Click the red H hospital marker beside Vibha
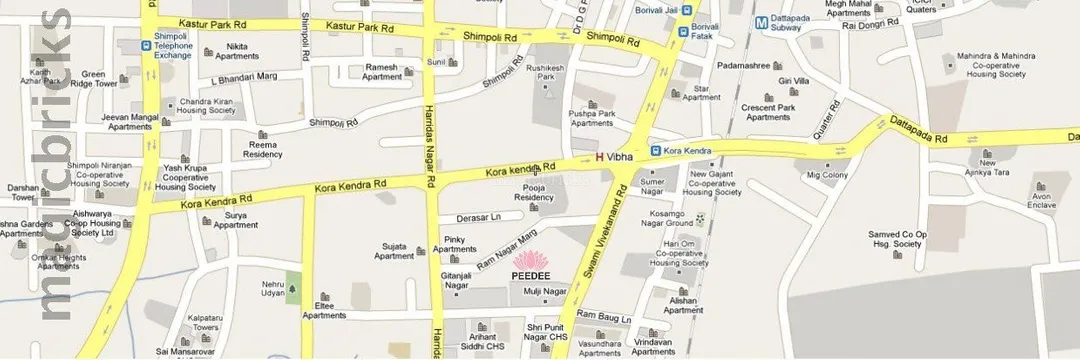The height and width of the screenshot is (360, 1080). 600,156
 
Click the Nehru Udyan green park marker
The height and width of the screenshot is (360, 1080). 294,290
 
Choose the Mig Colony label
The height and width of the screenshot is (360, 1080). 827,176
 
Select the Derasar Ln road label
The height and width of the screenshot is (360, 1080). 478,216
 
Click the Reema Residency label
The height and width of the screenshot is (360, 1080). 262,149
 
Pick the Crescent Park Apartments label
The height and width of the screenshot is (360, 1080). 768,112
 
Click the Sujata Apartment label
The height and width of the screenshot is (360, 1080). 393,250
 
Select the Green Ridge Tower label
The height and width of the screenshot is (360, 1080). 100,78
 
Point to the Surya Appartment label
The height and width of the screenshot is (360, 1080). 236,220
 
